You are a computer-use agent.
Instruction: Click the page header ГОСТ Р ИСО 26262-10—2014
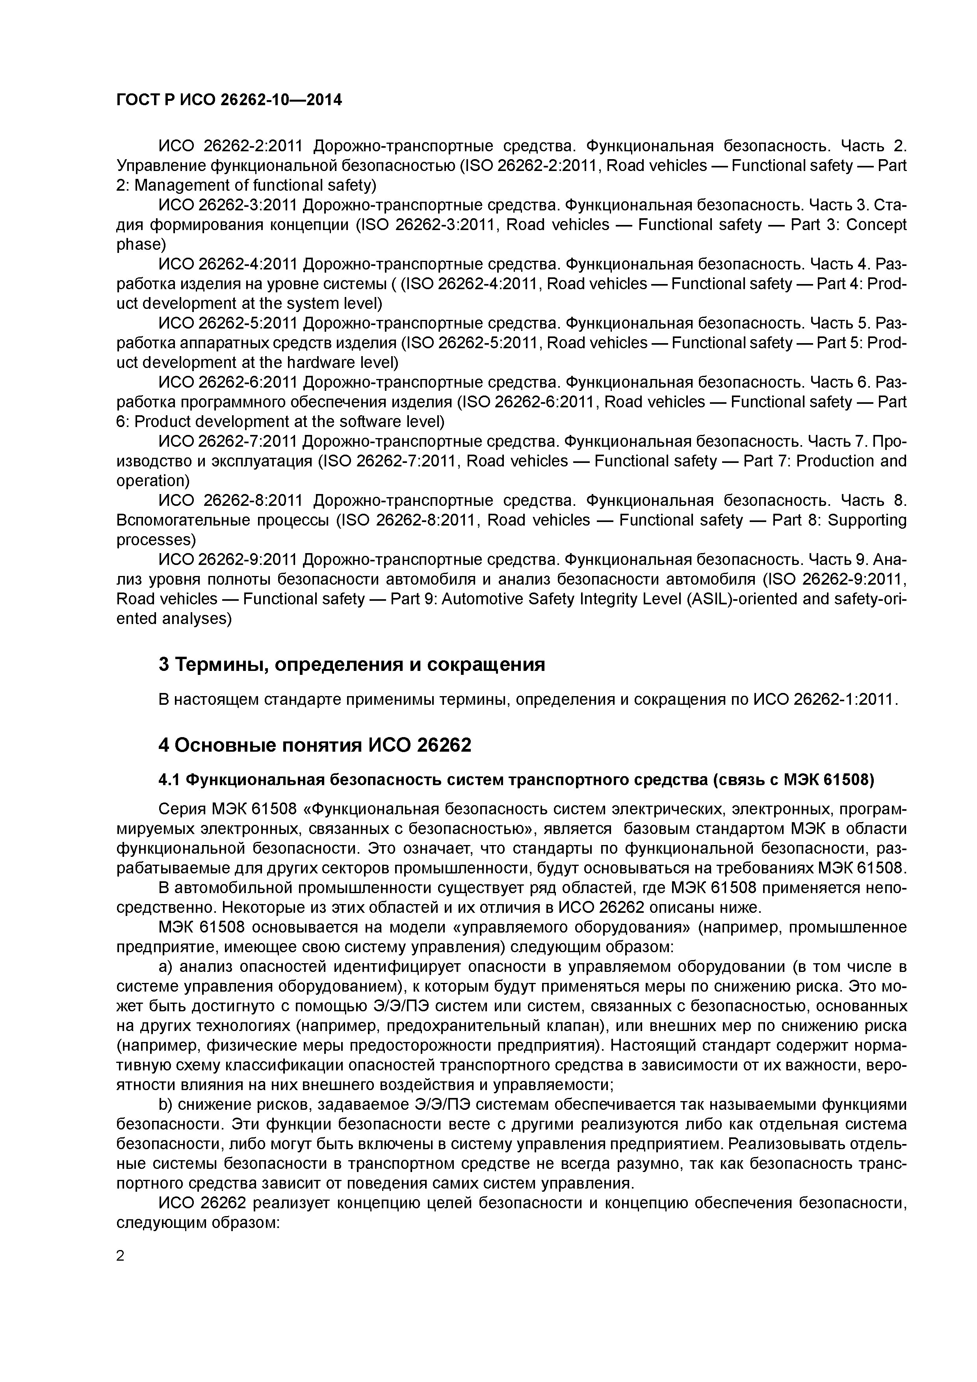[x=229, y=100]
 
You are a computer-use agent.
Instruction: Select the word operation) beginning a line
[x=152, y=481]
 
